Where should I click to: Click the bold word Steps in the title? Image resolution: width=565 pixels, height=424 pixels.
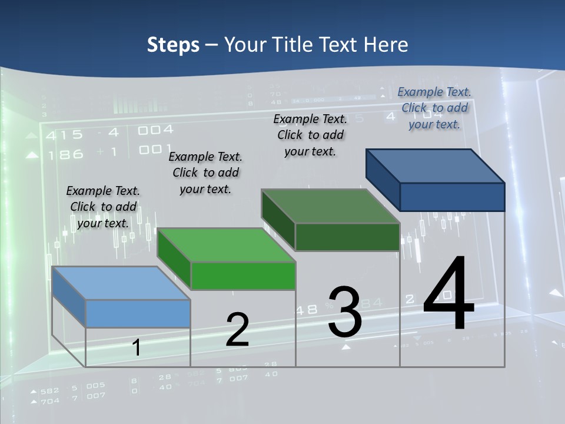[173, 45]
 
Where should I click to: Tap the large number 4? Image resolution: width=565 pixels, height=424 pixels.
[448, 294]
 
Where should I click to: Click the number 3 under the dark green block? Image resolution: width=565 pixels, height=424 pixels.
[344, 312]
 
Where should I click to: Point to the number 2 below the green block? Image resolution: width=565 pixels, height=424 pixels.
[237, 330]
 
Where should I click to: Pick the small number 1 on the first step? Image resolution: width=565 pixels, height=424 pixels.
[136, 347]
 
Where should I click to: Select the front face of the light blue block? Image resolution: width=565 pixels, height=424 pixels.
[138, 313]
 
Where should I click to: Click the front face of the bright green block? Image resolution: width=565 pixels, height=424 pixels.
[243, 276]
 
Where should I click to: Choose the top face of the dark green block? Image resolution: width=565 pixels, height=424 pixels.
[330, 206]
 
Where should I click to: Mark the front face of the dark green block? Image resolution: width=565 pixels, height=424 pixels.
[347, 237]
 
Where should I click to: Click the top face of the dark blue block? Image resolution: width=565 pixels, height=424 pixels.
[435, 166]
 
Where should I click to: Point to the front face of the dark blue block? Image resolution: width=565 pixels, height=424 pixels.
[452, 197]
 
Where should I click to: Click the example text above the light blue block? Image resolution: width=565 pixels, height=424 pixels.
[103, 207]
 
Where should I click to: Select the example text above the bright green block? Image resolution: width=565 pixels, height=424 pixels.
[205, 173]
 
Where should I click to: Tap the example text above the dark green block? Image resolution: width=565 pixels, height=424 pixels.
[310, 135]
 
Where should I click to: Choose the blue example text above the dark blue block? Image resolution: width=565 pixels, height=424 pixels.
[434, 108]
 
